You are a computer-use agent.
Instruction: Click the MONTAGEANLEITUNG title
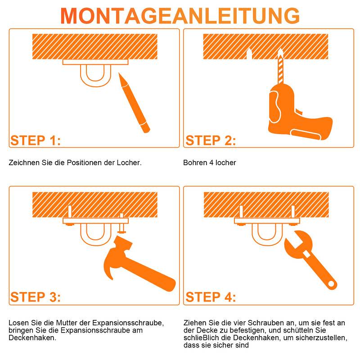tap(180, 15)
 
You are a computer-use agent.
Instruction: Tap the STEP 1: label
tap(35, 140)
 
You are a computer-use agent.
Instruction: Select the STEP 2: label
tap(211, 140)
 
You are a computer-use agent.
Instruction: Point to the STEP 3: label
tap(35, 297)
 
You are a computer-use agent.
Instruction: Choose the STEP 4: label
tap(211, 297)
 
